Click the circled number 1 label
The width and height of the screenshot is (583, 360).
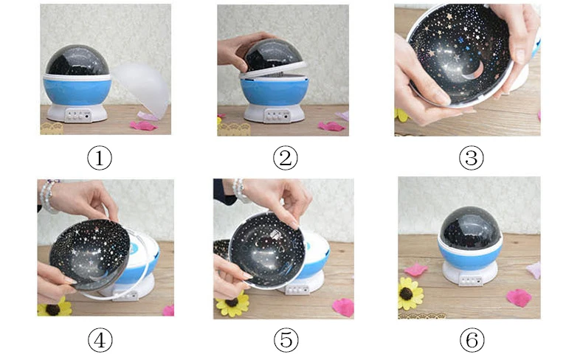click(x=100, y=158)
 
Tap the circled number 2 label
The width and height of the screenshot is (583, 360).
click(x=285, y=158)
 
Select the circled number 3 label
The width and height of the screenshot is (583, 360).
click(x=471, y=158)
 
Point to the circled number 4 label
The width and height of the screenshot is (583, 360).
click(x=100, y=340)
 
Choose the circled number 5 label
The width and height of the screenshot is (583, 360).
click(x=286, y=340)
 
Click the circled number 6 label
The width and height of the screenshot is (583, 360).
click(x=472, y=340)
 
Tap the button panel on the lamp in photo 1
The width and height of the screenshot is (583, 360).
click(x=78, y=115)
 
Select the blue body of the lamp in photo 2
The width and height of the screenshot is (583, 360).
click(x=275, y=91)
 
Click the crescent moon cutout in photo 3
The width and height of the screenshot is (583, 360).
click(x=474, y=72)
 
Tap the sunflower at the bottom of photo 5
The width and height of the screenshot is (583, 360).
click(x=233, y=303)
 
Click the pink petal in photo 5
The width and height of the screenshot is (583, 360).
click(x=343, y=307)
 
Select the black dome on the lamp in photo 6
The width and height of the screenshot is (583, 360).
click(x=470, y=227)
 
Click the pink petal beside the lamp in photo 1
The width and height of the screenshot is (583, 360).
click(x=143, y=125)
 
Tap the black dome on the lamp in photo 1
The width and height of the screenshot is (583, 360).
click(x=77, y=60)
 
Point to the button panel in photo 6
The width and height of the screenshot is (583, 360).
click(x=471, y=280)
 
